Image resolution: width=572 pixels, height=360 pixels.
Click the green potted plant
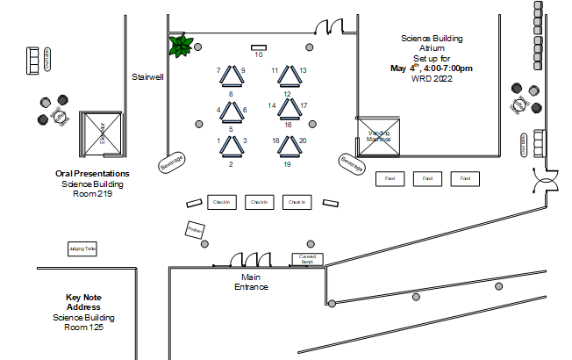[182, 46]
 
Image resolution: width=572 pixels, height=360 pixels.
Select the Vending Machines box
[379, 137]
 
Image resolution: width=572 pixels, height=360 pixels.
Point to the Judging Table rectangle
[82, 249]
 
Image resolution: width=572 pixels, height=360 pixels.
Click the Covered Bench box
[308, 259]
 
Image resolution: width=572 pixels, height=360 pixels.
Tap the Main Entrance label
[250, 282]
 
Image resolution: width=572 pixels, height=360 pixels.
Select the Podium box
[195, 230]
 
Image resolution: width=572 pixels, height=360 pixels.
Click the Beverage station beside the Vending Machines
[352, 162]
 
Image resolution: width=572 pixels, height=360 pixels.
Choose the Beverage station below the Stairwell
[172, 162]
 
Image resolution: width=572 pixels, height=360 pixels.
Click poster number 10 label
[259, 54]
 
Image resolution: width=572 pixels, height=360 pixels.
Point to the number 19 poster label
[287, 164]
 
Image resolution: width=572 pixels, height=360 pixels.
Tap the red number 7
[218, 70]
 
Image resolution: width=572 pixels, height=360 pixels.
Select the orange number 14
[272, 105]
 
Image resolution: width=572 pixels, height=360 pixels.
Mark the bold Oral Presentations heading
[92, 174]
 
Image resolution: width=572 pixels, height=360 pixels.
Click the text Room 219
[92, 194]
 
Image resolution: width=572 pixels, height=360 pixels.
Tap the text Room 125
[83, 328]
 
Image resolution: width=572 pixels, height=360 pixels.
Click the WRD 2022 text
[431, 78]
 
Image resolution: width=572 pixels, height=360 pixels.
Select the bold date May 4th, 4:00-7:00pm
[431, 68]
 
